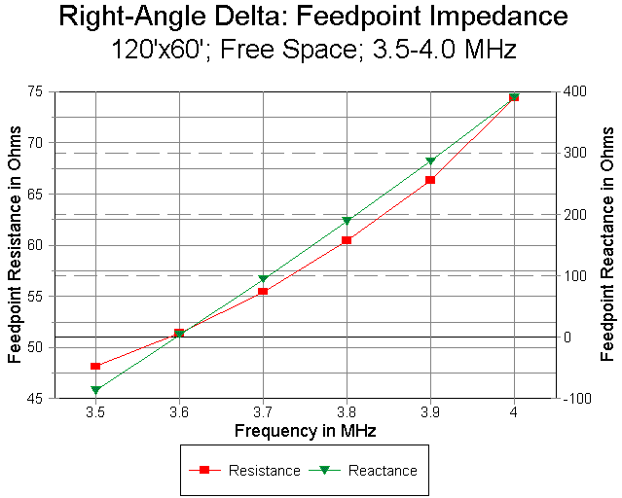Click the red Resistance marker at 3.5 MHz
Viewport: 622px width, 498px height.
tap(95, 366)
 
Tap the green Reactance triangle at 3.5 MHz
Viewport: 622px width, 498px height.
tap(95, 390)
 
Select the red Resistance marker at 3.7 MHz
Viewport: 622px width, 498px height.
tap(263, 291)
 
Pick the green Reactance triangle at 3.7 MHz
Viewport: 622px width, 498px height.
tap(263, 279)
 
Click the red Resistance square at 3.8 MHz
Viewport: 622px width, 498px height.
tap(347, 239)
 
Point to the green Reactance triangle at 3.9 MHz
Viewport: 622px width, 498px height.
tap(430, 160)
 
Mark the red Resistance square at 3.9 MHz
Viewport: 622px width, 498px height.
tap(430, 180)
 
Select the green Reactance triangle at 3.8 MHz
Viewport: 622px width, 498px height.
tap(347, 221)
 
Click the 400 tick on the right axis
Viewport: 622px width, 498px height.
tap(574, 91)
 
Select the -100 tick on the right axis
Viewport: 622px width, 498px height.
tap(574, 398)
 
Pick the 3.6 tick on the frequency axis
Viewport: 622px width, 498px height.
tap(179, 412)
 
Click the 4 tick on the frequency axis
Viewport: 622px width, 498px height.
tap(514, 412)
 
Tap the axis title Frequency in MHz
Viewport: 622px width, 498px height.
tap(305, 429)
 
